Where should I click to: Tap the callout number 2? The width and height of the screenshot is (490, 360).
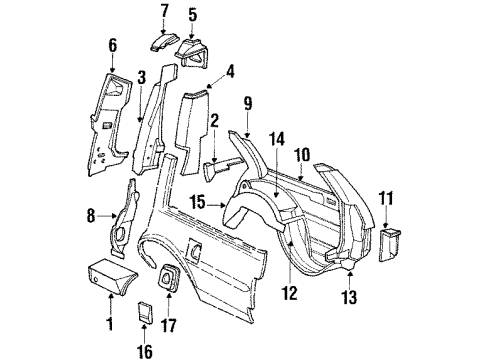[x=214, y=120]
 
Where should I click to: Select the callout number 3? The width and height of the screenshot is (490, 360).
[x=142, y=77]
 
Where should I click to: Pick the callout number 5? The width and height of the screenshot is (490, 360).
[x=193, y=15]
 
